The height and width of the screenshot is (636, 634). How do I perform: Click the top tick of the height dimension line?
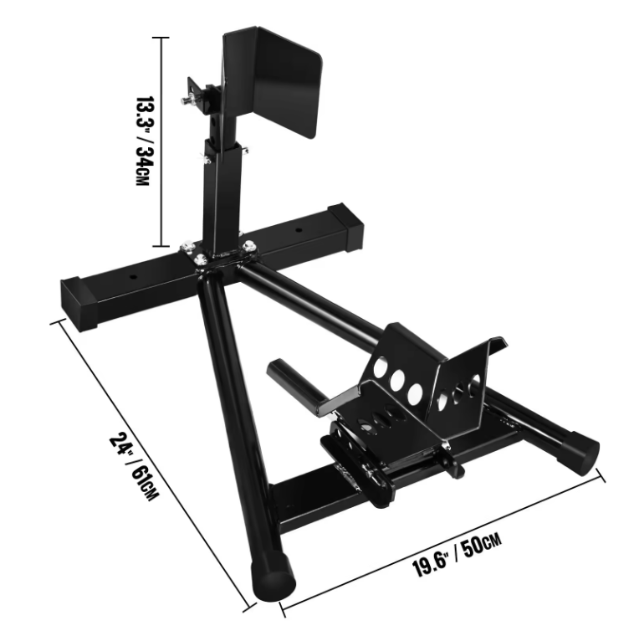pyautogui.click(x=160, y=38)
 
